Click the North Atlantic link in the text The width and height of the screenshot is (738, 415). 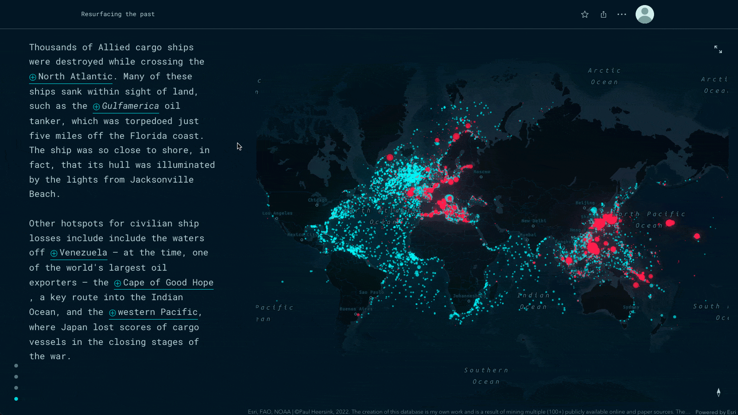click(x=75, y=77)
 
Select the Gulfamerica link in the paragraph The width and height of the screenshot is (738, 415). click(x=130, y=106)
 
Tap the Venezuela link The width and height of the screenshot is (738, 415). click(x=83, y=253)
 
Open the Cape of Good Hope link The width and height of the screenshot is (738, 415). click(x=168, y=283)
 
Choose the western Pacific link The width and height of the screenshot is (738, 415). click(x=158, y=312)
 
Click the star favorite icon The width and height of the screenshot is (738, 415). click(x=585, y=14)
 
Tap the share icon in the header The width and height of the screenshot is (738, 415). click(x=603, y=14)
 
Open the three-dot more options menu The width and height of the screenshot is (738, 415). click(x=622, y=14)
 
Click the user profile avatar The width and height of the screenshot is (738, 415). click(x=644, y=14)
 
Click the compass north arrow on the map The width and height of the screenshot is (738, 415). click(x=718, y=392)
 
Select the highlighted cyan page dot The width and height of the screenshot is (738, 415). click(x=16, y=399)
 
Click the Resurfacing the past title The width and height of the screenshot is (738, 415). click(x=118, y=14)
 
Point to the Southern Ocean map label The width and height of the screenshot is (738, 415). click(x=486, y=376)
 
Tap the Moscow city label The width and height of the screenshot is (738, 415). click(x=482, y=172)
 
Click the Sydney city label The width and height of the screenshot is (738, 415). click(x=631, y=307)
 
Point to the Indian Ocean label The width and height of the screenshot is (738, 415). click(x=533, y=301)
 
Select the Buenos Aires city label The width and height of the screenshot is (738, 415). click(x=355, y=309)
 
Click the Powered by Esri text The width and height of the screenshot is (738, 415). click(x=715, y=412)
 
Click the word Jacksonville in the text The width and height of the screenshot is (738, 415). click(x=161, y=180)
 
